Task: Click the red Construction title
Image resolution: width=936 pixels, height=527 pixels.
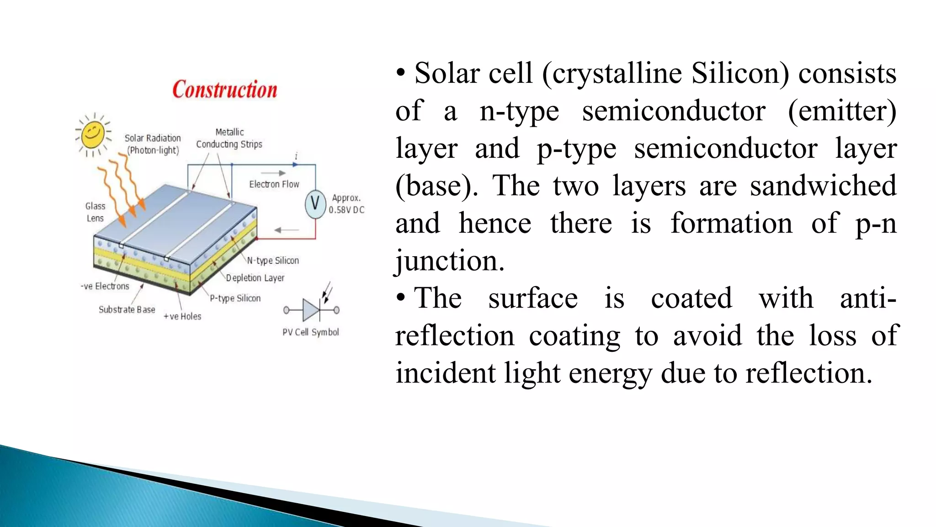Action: click(225, 89)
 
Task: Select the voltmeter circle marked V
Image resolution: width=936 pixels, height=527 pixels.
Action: click(315, 203)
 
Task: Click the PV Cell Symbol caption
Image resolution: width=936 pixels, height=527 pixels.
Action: click(310, 332)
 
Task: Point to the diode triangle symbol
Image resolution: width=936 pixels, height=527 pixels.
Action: click(311, 310)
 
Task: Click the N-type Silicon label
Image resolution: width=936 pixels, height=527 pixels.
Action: click(273, 260)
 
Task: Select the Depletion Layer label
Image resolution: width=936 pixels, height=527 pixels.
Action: click(255, 278)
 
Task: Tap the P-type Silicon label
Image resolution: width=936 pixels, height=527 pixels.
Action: click(235, 298)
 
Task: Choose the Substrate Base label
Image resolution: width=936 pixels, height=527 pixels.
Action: click(127, 310)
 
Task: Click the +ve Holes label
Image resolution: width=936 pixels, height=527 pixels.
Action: click(182, 316)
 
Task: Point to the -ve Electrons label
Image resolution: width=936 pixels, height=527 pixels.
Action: click(105, 286)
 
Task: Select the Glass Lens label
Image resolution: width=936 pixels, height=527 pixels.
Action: click(95, 212)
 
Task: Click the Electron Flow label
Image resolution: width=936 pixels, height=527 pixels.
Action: click(274, 184)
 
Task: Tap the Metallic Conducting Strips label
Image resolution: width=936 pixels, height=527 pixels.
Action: click(229, 138)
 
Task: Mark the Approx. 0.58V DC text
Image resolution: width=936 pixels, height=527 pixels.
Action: click(346, 204)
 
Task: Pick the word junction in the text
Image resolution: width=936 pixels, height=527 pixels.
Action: click(450, 261)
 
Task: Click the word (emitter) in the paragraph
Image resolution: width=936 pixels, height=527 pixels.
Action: click(842, 111)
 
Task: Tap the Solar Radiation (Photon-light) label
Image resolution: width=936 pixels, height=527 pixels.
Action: click(153, 144)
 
